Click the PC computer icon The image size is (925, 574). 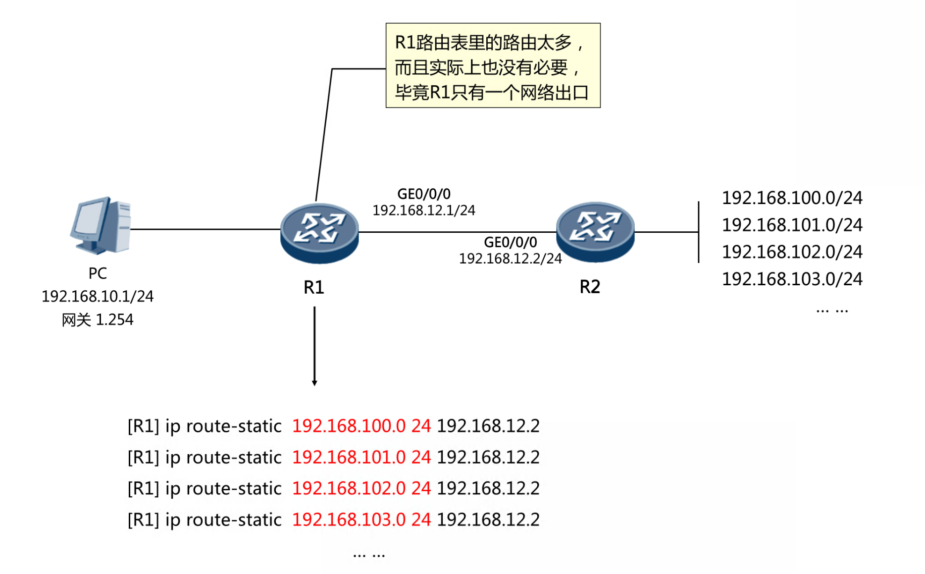pos(102,225)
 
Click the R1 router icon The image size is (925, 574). pos(319,232)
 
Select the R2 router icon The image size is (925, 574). pos(595,232)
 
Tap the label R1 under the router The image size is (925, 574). pos(314,287)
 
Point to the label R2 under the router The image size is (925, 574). pos(590,287)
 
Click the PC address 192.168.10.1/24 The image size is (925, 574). pos(98,296)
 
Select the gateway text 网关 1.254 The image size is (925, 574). pos(98,320)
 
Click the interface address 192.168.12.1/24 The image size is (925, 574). pos(423,210)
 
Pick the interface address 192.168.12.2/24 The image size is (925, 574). pos(510,259)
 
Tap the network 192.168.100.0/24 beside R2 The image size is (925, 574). pos(792,198)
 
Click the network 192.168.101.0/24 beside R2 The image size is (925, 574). pos(792,225)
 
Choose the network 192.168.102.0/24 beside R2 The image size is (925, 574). pos(792,252)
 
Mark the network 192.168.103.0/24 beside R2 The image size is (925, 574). pos(792,279)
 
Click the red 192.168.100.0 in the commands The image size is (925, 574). pos(349,426)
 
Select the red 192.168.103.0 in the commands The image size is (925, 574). pos(349,520)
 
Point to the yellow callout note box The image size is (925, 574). pos(493,65)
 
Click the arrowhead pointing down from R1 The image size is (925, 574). pos(314,382)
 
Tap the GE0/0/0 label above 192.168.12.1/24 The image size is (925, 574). pos(424,194)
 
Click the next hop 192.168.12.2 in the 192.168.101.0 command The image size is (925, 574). pos(488,457)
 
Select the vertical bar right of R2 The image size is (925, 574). pos(699,232)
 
